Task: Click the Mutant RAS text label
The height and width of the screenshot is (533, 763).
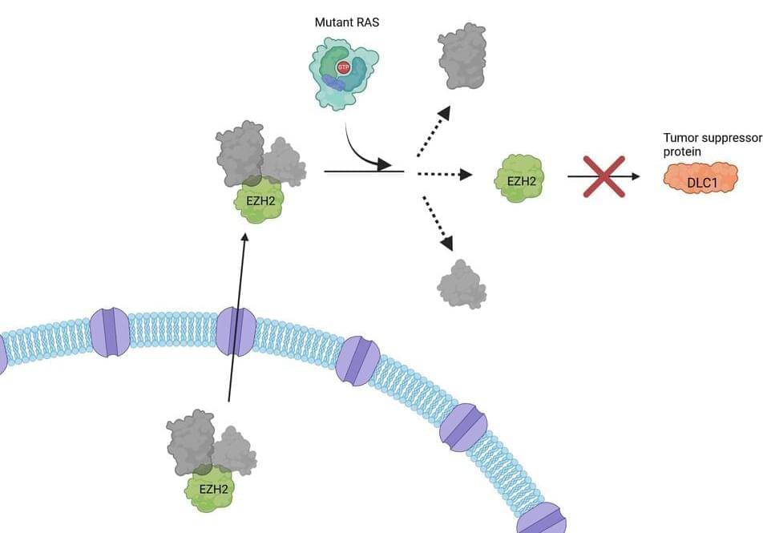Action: (x=346, y=22)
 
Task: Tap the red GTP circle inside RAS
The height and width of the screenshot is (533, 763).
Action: (x=343, y=67)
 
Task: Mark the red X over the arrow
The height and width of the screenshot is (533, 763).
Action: (x=605, y=176)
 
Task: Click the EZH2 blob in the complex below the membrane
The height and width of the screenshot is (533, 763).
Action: (x=208, y=490)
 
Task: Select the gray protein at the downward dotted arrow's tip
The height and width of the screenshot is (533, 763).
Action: (x=461, y=284)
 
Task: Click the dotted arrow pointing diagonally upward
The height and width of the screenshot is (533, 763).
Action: (x=434, y=131)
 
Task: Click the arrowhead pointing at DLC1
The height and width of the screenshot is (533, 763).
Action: (x=635, y=176)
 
